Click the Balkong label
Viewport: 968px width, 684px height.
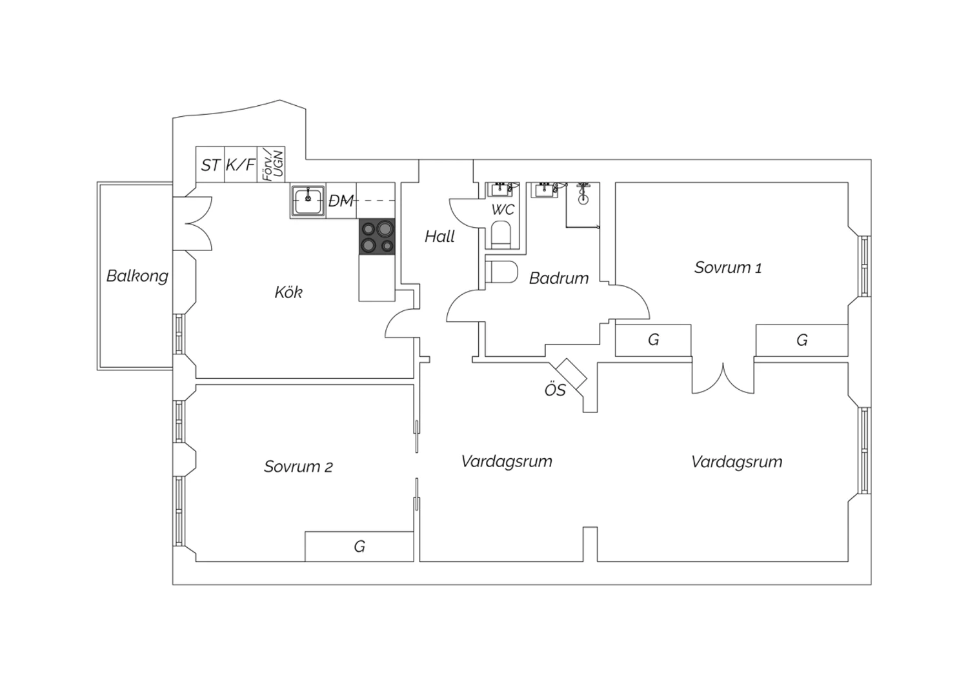tap(137, 276)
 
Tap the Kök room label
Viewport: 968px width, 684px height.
tap(288, 292)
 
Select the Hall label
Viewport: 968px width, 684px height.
tap(439, 236)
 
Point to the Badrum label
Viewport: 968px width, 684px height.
tap(559, 278)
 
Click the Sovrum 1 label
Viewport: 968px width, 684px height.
tap(728, 267)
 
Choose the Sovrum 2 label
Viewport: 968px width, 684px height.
tap(298, 467)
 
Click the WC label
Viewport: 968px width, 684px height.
tap(503, 210)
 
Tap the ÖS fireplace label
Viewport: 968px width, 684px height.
tap(555, 390)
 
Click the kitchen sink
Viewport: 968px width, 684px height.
tap(308, 201)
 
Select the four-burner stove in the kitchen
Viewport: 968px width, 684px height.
tap(377, 236)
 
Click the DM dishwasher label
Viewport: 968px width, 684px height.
tap(341, 201)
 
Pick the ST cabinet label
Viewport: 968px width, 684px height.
tap(210, 165)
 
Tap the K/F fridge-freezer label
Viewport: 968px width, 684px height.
tap(241, 165)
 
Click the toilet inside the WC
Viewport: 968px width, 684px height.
tap(501, 235)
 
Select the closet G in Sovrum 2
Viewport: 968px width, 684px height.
tap(359, 547)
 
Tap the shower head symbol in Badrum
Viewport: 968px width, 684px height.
tap(583, 193)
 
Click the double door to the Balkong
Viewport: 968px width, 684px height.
tap(193, 224)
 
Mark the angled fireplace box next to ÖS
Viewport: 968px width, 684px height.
tap(571, 374)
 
